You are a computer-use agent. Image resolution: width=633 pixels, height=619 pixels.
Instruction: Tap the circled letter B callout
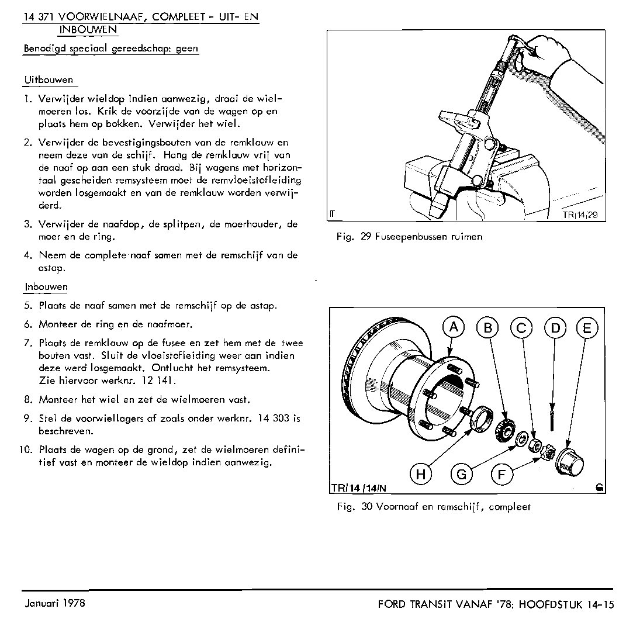click(487, 328)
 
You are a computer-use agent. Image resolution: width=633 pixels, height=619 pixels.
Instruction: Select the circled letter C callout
click(521, 328)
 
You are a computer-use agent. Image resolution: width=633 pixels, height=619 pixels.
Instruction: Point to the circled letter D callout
click(555, 328)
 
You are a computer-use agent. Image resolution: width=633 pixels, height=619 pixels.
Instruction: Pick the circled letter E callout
click(587, 328)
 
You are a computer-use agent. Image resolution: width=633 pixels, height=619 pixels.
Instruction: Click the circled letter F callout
click(501, 475)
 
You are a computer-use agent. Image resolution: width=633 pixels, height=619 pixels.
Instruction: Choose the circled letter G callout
click(461, 475)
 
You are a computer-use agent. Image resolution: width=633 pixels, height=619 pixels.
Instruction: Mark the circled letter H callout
click(420, 475)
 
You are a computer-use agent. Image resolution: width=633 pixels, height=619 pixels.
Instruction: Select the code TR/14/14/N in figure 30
click(359, 487)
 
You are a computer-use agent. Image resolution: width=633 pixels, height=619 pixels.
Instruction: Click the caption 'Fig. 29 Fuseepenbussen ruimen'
click(409, 237)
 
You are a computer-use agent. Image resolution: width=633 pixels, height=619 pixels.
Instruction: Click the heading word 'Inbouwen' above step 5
click(46, 287)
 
